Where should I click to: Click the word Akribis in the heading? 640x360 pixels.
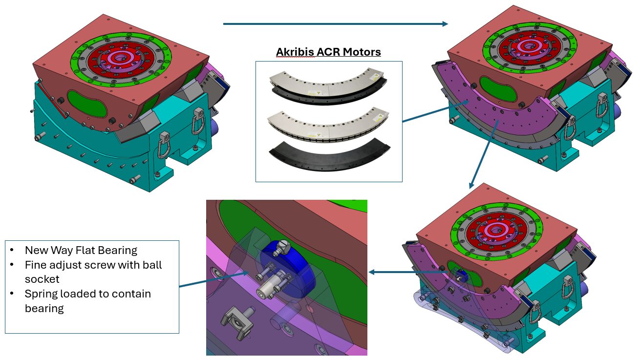(x=294, y=52)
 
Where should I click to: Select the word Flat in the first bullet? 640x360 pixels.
(x=85, y=251)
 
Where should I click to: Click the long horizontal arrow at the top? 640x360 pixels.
(x=335, y=23)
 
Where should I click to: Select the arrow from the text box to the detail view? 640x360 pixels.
(x=215, y=280)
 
